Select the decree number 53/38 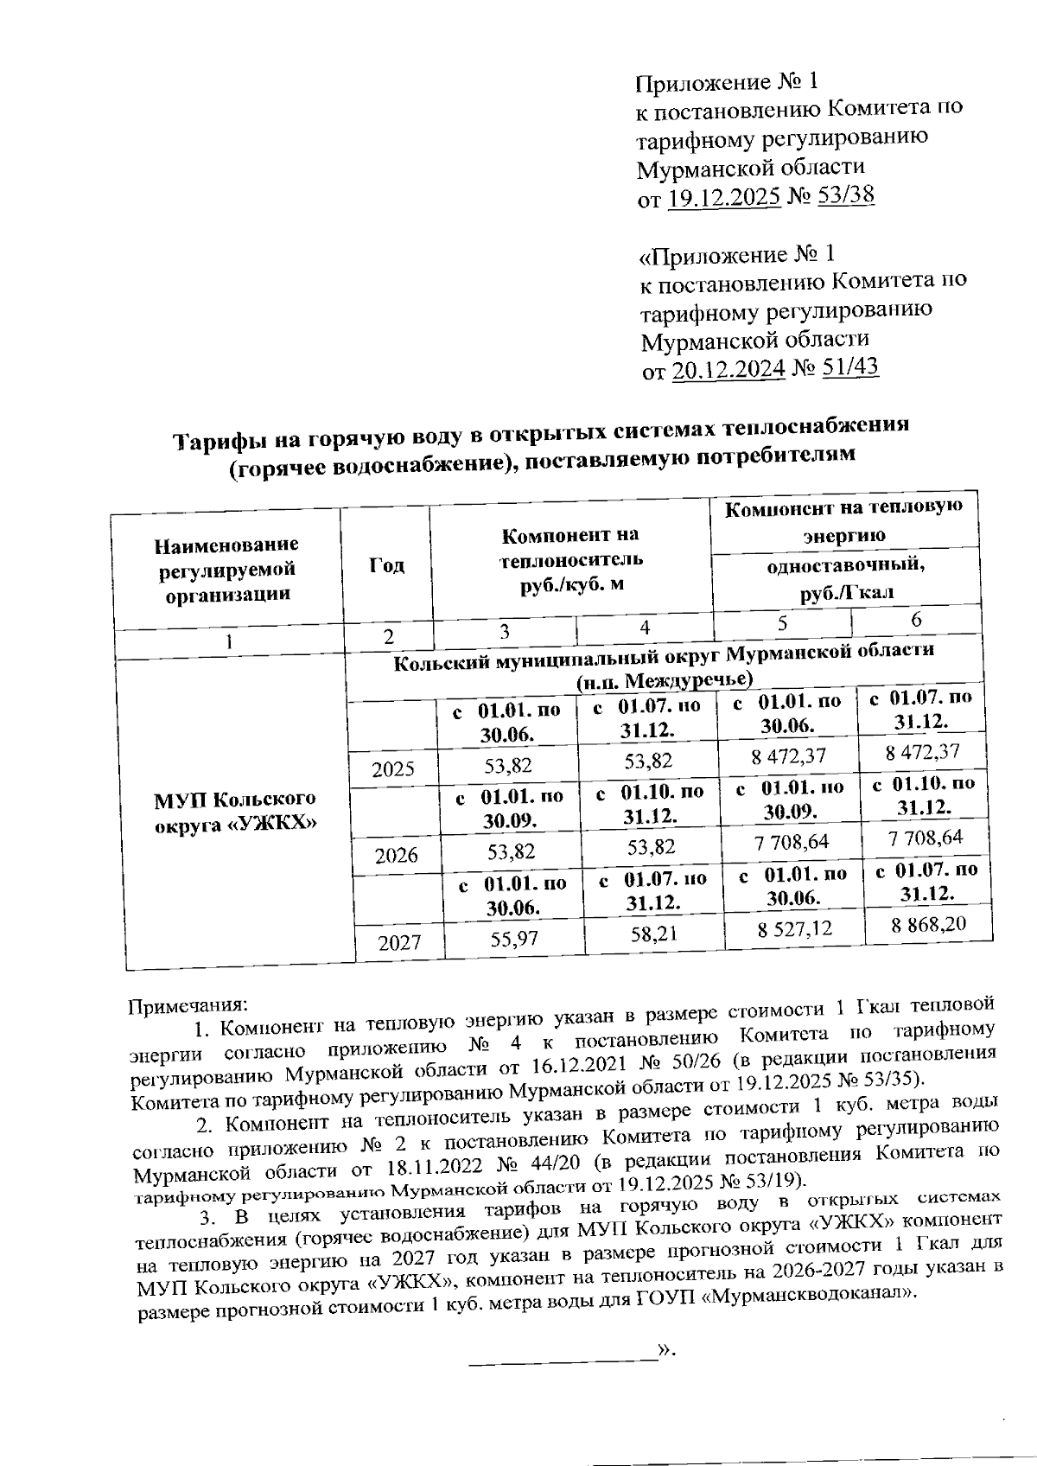click(x=845, y=195)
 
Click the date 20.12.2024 click(x=728, y=370)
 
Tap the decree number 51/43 click(x=849, y=367)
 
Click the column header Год click(x=386, y=565)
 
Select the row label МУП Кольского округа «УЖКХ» click(x=234, y=810)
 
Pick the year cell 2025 click(x=392, y=768)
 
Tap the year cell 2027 click(x=398, y=942)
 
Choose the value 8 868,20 click(x=928, y=925)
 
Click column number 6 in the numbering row click(x=916, y=620)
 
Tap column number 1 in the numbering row click(x=228, y=642)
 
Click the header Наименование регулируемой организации click(x=226, y=569)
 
